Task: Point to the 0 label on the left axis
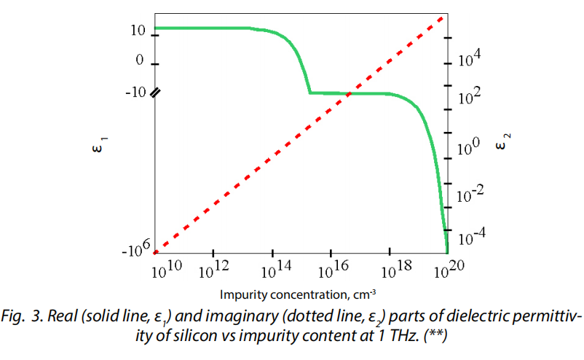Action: pos(140,61)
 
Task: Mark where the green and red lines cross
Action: pos(350,93)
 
